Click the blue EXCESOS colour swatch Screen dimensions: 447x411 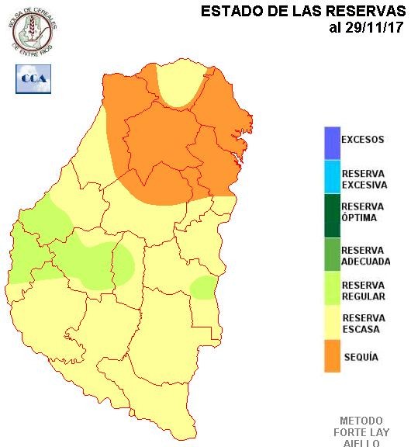pos(333,142)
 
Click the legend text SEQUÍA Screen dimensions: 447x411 pos(361,358)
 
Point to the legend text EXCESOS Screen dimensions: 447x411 pos(363,140)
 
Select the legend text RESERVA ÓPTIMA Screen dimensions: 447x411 pos(363,212)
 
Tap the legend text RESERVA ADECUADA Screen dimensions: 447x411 pos(365,256)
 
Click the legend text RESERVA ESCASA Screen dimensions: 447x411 pos(363,324)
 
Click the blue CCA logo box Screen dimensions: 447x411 pos(33,79)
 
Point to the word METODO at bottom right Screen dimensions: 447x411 pos(361,420)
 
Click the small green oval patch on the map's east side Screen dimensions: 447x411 pos(203,288)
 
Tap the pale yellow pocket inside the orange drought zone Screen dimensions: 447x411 pos(176,88)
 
